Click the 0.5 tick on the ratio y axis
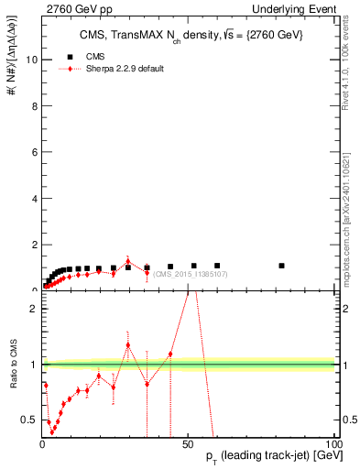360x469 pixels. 29,420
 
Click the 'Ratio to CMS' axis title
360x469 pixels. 14,364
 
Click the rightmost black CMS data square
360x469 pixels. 281,266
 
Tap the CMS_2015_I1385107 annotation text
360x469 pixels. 190,274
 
